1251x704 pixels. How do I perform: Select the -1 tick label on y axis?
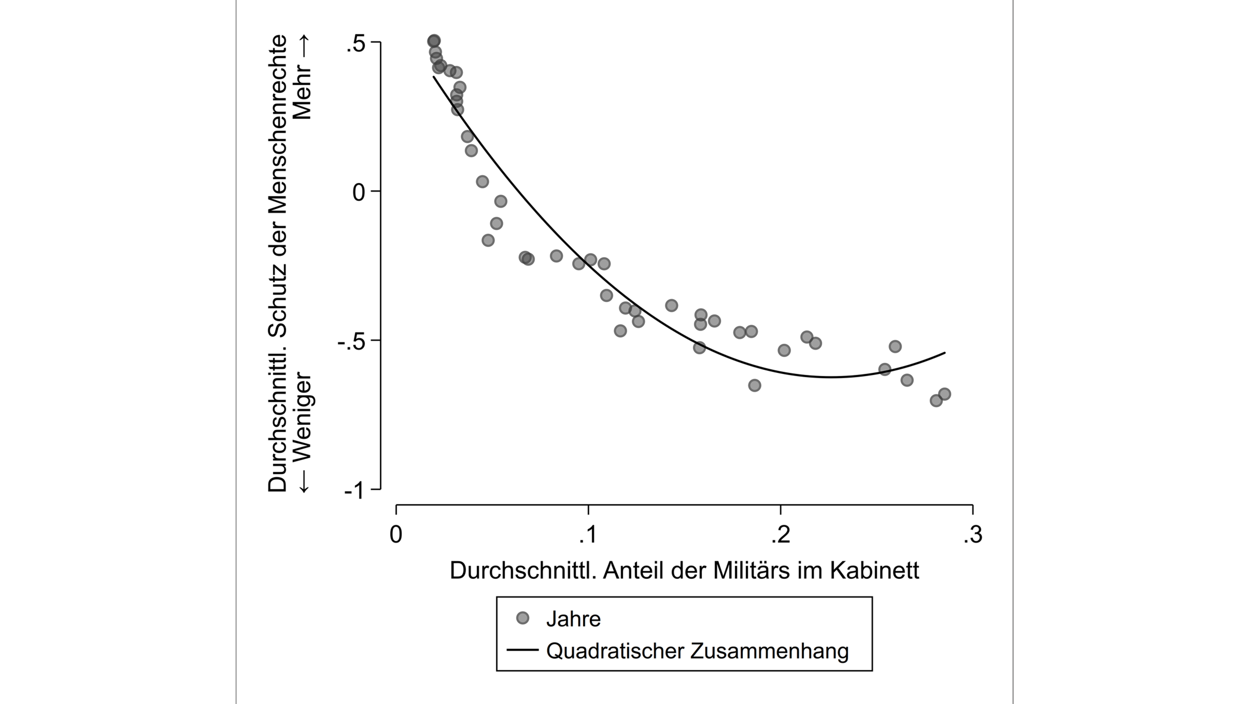tap(354, 491)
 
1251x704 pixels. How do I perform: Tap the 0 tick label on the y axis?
tap(358, 193)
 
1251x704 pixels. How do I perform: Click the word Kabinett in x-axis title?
tap(874, 570)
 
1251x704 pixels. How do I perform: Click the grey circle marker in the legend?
tap(523, 618)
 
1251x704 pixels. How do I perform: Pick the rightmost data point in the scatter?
tap(944, 394)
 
